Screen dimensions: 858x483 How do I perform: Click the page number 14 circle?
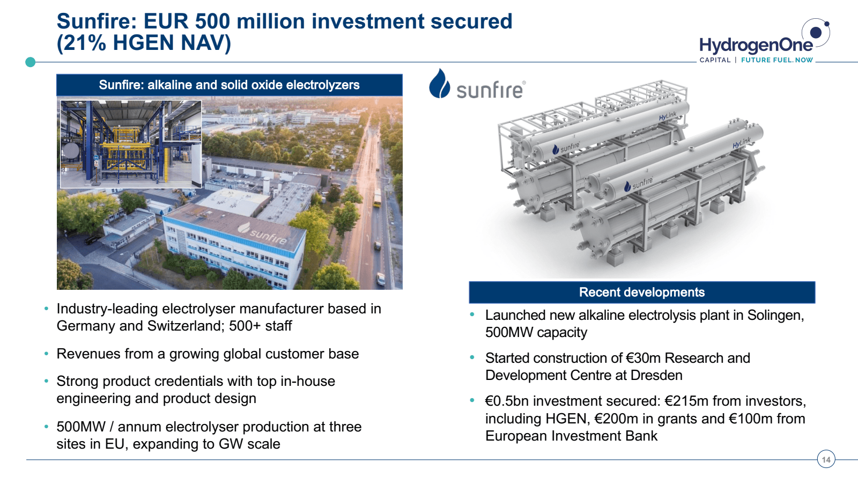pyautogui.click(x=826, y=459)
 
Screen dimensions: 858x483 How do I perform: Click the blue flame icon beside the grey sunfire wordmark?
pyautogui.click(x=439, y=83)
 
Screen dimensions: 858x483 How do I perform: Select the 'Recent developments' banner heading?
pyautogui.click(x=641, y=292)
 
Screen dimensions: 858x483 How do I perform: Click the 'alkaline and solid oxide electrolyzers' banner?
pyautogui.click(x=230, y=85)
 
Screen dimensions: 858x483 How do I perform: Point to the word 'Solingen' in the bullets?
pyautogui.click(x=775, y=315)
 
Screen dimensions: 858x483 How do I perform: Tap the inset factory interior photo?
pyautogui.click(x=131, y=144)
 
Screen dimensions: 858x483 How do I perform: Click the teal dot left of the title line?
pyautogui.click(x=30, y=62)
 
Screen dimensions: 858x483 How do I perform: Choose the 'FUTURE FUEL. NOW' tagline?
pyautogui.click(x=777, y=60)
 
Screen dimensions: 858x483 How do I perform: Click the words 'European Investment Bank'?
pyautogui.click(x=571, y=436)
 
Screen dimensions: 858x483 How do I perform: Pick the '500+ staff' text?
pyautogui.click(x=260, y=326)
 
